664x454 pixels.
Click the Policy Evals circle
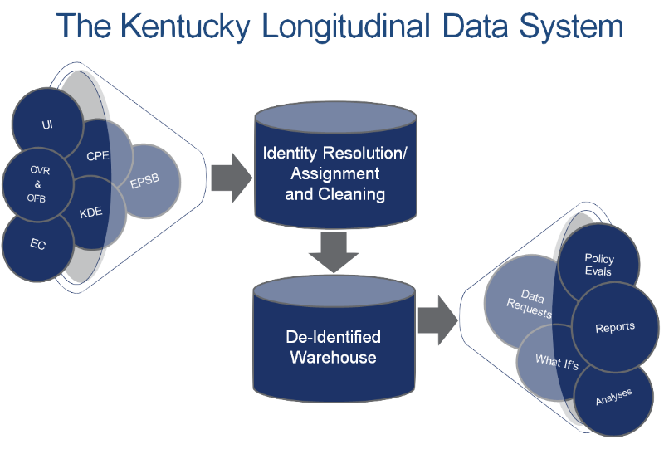[x=598, y=265]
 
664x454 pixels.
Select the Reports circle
[x=614, y=327]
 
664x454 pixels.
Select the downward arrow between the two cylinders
[x=332, y=251]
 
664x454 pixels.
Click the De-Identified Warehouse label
[x=333, y=347]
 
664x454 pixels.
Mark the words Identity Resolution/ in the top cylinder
[x=334, y=154]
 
